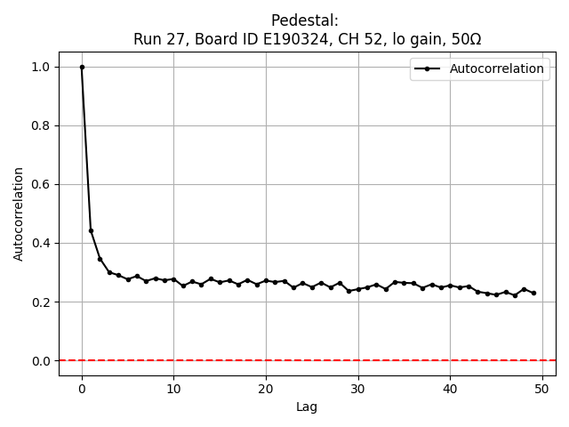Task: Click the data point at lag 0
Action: point(82,67)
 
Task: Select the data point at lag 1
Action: point(91,230)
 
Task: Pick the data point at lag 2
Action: point(100,259)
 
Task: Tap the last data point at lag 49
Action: point(533,293)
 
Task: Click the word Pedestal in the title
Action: point(307,20)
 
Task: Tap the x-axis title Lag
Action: point(307,407)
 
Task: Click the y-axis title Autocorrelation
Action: point(19,213)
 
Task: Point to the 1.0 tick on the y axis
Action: point(41,67)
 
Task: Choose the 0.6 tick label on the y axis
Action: point(41,184)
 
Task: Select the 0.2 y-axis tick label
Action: point(41,302)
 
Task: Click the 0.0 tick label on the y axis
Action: point(41,360)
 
